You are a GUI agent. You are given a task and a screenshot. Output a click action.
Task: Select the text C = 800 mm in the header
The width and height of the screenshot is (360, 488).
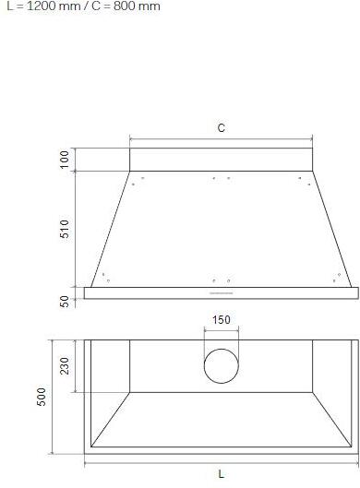[x=121, y=6]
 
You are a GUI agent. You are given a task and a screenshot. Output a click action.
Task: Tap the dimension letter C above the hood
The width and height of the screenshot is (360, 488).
[x=222, y=128]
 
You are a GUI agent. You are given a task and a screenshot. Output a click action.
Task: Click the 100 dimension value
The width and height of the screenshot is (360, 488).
[x=65, y=159]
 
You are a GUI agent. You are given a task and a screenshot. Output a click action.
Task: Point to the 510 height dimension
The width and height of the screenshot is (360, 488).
[x=65, y=230]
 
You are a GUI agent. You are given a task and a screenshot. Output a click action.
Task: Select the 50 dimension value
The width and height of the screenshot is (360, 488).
[x=65, y=302]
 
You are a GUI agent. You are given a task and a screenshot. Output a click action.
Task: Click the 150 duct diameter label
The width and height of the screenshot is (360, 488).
[x=222, y=320]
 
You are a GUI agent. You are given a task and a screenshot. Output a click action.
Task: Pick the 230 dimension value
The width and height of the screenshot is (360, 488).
[x=65, y=366]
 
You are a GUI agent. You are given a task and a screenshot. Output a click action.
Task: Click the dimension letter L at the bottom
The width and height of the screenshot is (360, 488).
[x=222, y=474]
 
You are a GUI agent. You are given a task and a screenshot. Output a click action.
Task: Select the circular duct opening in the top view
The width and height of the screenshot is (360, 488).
[x=222, y=366]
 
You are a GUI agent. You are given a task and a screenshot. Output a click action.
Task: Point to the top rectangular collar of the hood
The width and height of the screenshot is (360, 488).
[x=222, y=159]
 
